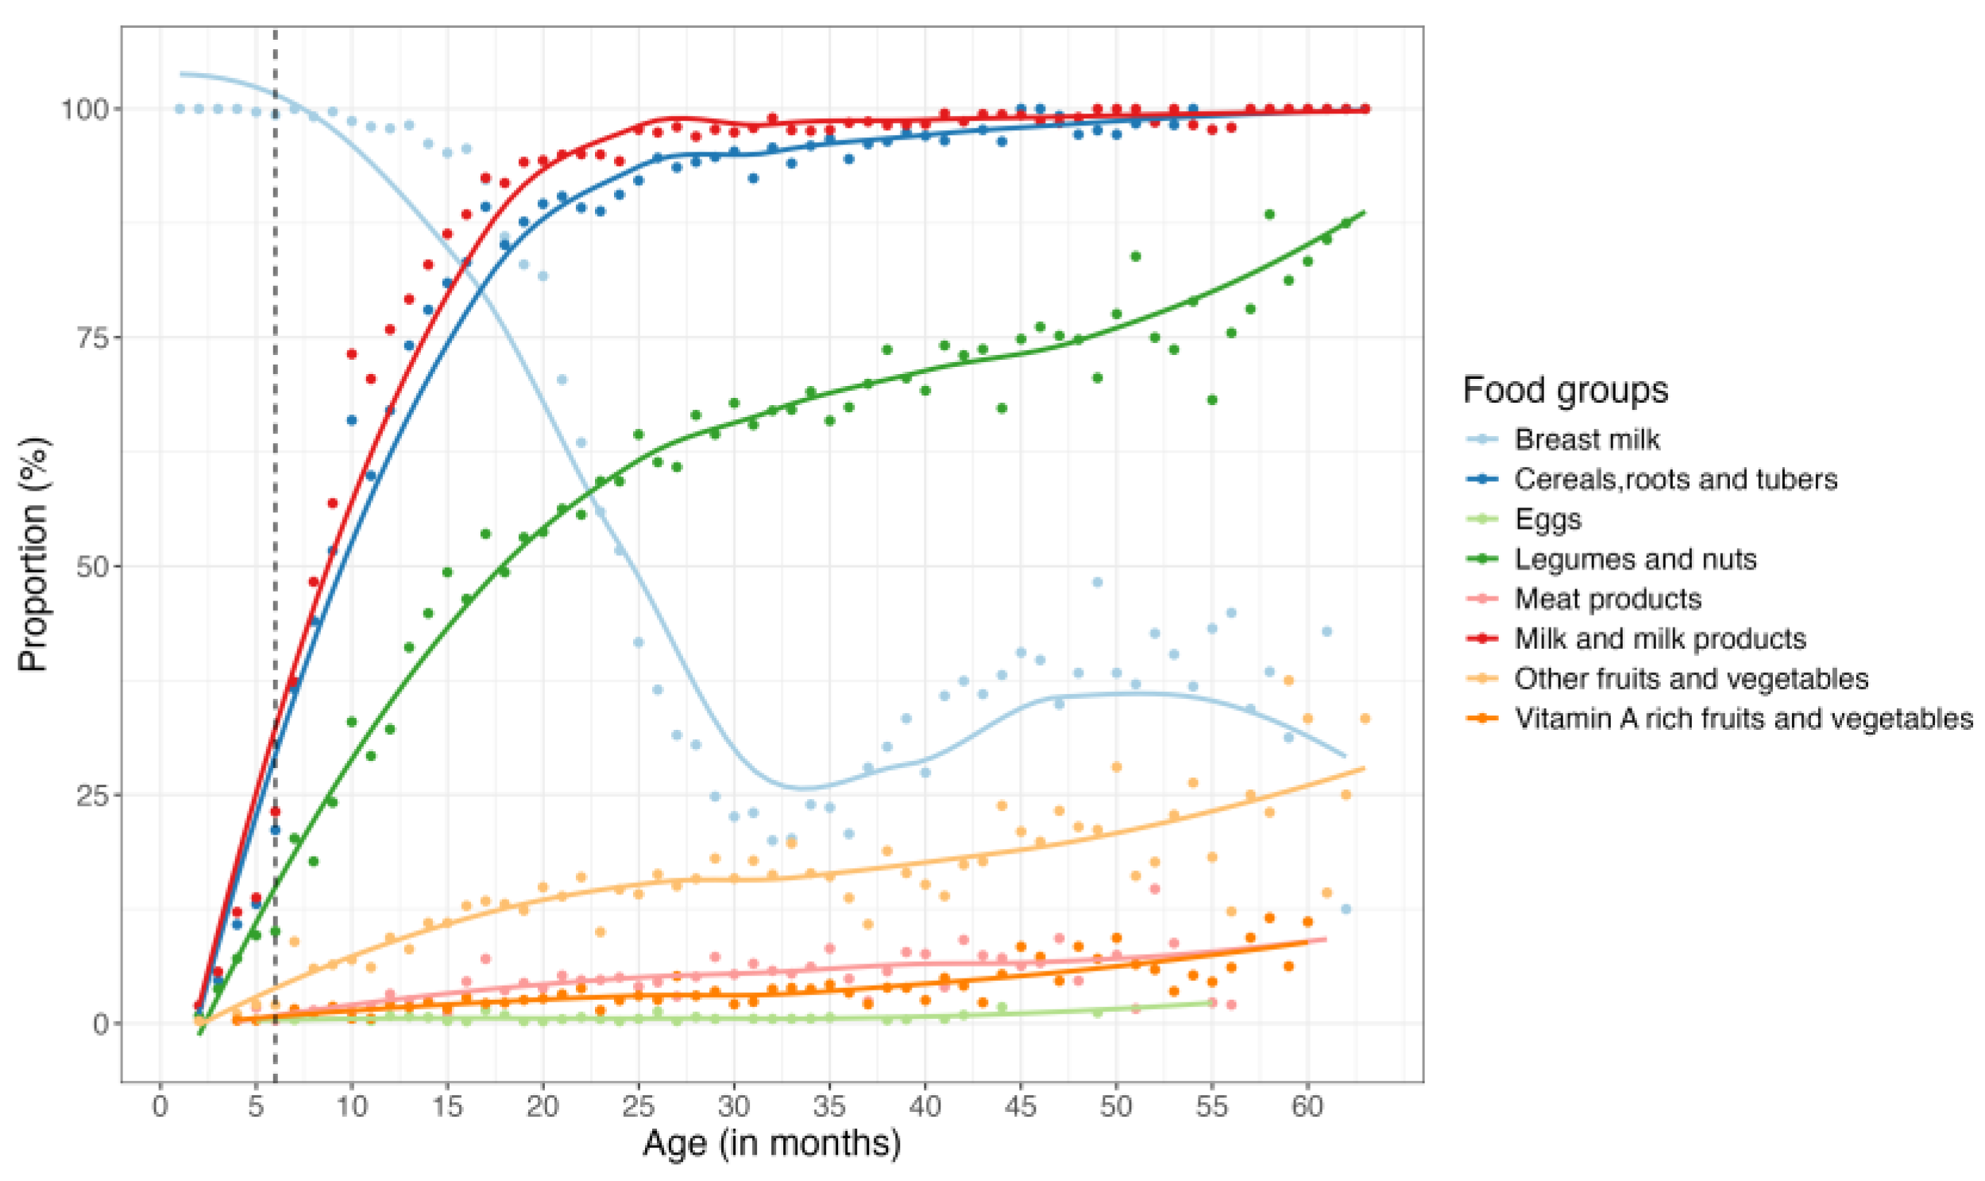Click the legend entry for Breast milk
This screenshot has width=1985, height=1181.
click(1586, 439)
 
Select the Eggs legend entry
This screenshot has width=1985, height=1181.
click(1547, 519)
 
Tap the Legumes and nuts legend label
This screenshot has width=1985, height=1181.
click(1635, 558)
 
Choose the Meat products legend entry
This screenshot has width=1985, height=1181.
click(1607, 599)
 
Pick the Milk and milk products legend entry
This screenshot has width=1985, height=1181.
click(1659, 639)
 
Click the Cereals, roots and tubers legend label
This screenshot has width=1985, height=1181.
click(1675, 479)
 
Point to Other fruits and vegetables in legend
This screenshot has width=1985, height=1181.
click(1690, 678)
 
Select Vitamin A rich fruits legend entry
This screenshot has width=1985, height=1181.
click(1743, 718)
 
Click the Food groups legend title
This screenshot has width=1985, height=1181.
click(1565, 391)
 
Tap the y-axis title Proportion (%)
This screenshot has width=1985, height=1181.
click(33, 554)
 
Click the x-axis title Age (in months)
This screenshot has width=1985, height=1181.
click(771, 1143)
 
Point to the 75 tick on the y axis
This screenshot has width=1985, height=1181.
click(91, 338)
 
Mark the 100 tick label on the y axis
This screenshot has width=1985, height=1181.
click(84, 109)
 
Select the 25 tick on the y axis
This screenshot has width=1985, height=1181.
click(91, 795)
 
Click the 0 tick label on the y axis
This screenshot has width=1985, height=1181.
click(101, 1024)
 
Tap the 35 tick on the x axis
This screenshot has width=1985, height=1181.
click(829, 1106)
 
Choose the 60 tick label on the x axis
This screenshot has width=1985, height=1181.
click(1307, 1106)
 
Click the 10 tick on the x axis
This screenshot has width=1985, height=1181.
click(352, 1106)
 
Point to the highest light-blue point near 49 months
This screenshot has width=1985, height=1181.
click(1097, 582)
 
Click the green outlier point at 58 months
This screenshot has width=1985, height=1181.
click(1269, 215)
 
